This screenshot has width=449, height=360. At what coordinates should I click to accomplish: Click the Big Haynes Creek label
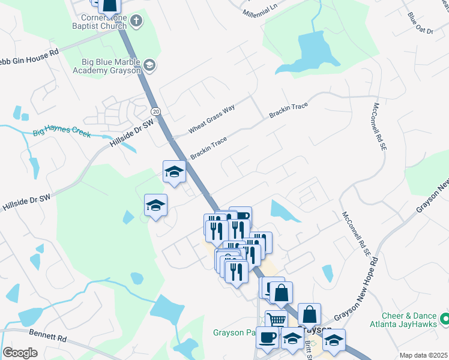62,131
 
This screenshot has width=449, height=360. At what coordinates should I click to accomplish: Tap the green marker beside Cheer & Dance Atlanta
444,317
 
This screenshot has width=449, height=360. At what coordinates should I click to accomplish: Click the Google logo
20,353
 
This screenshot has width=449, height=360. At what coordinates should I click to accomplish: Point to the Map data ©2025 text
423,355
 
